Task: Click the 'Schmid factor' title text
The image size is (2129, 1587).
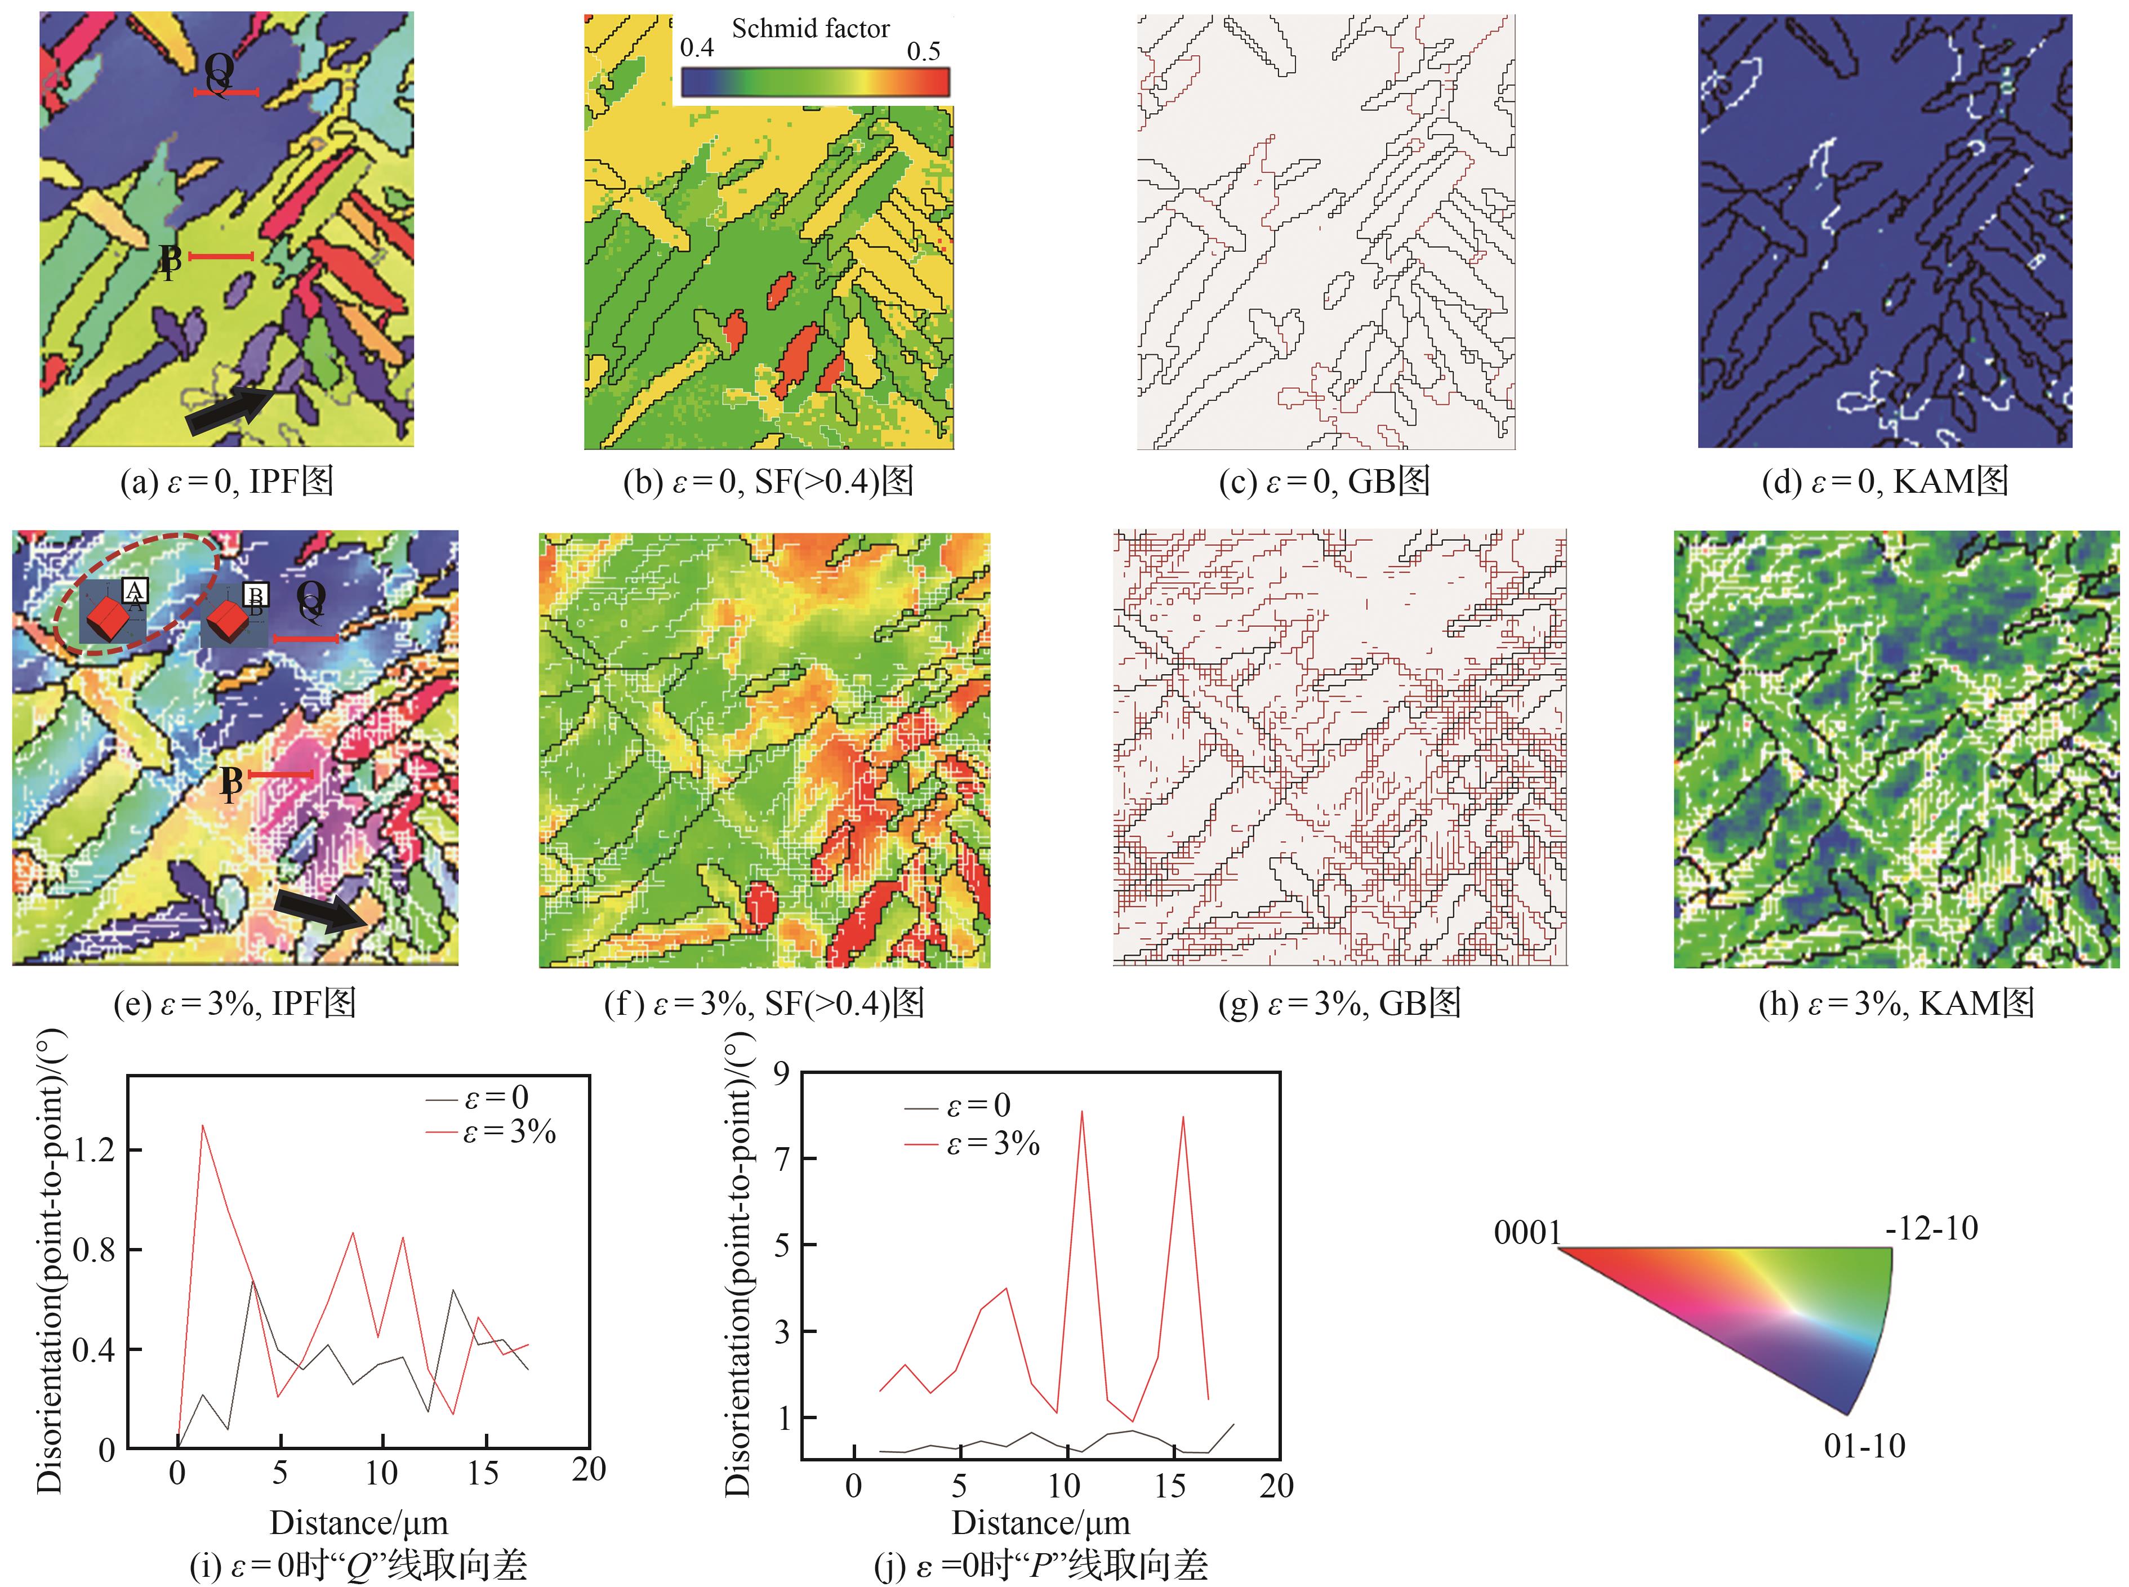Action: click(x=810, y=29)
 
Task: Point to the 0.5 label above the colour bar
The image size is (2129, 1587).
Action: click(x=923, y=51)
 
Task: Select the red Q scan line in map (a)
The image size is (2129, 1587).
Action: click(x=226, y=92)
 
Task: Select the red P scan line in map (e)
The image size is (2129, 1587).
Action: click(x=280, y=774)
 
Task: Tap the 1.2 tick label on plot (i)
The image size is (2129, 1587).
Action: click(x=94, y=1150)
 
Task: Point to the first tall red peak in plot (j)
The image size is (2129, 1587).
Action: click(x=1082, y=1112)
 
